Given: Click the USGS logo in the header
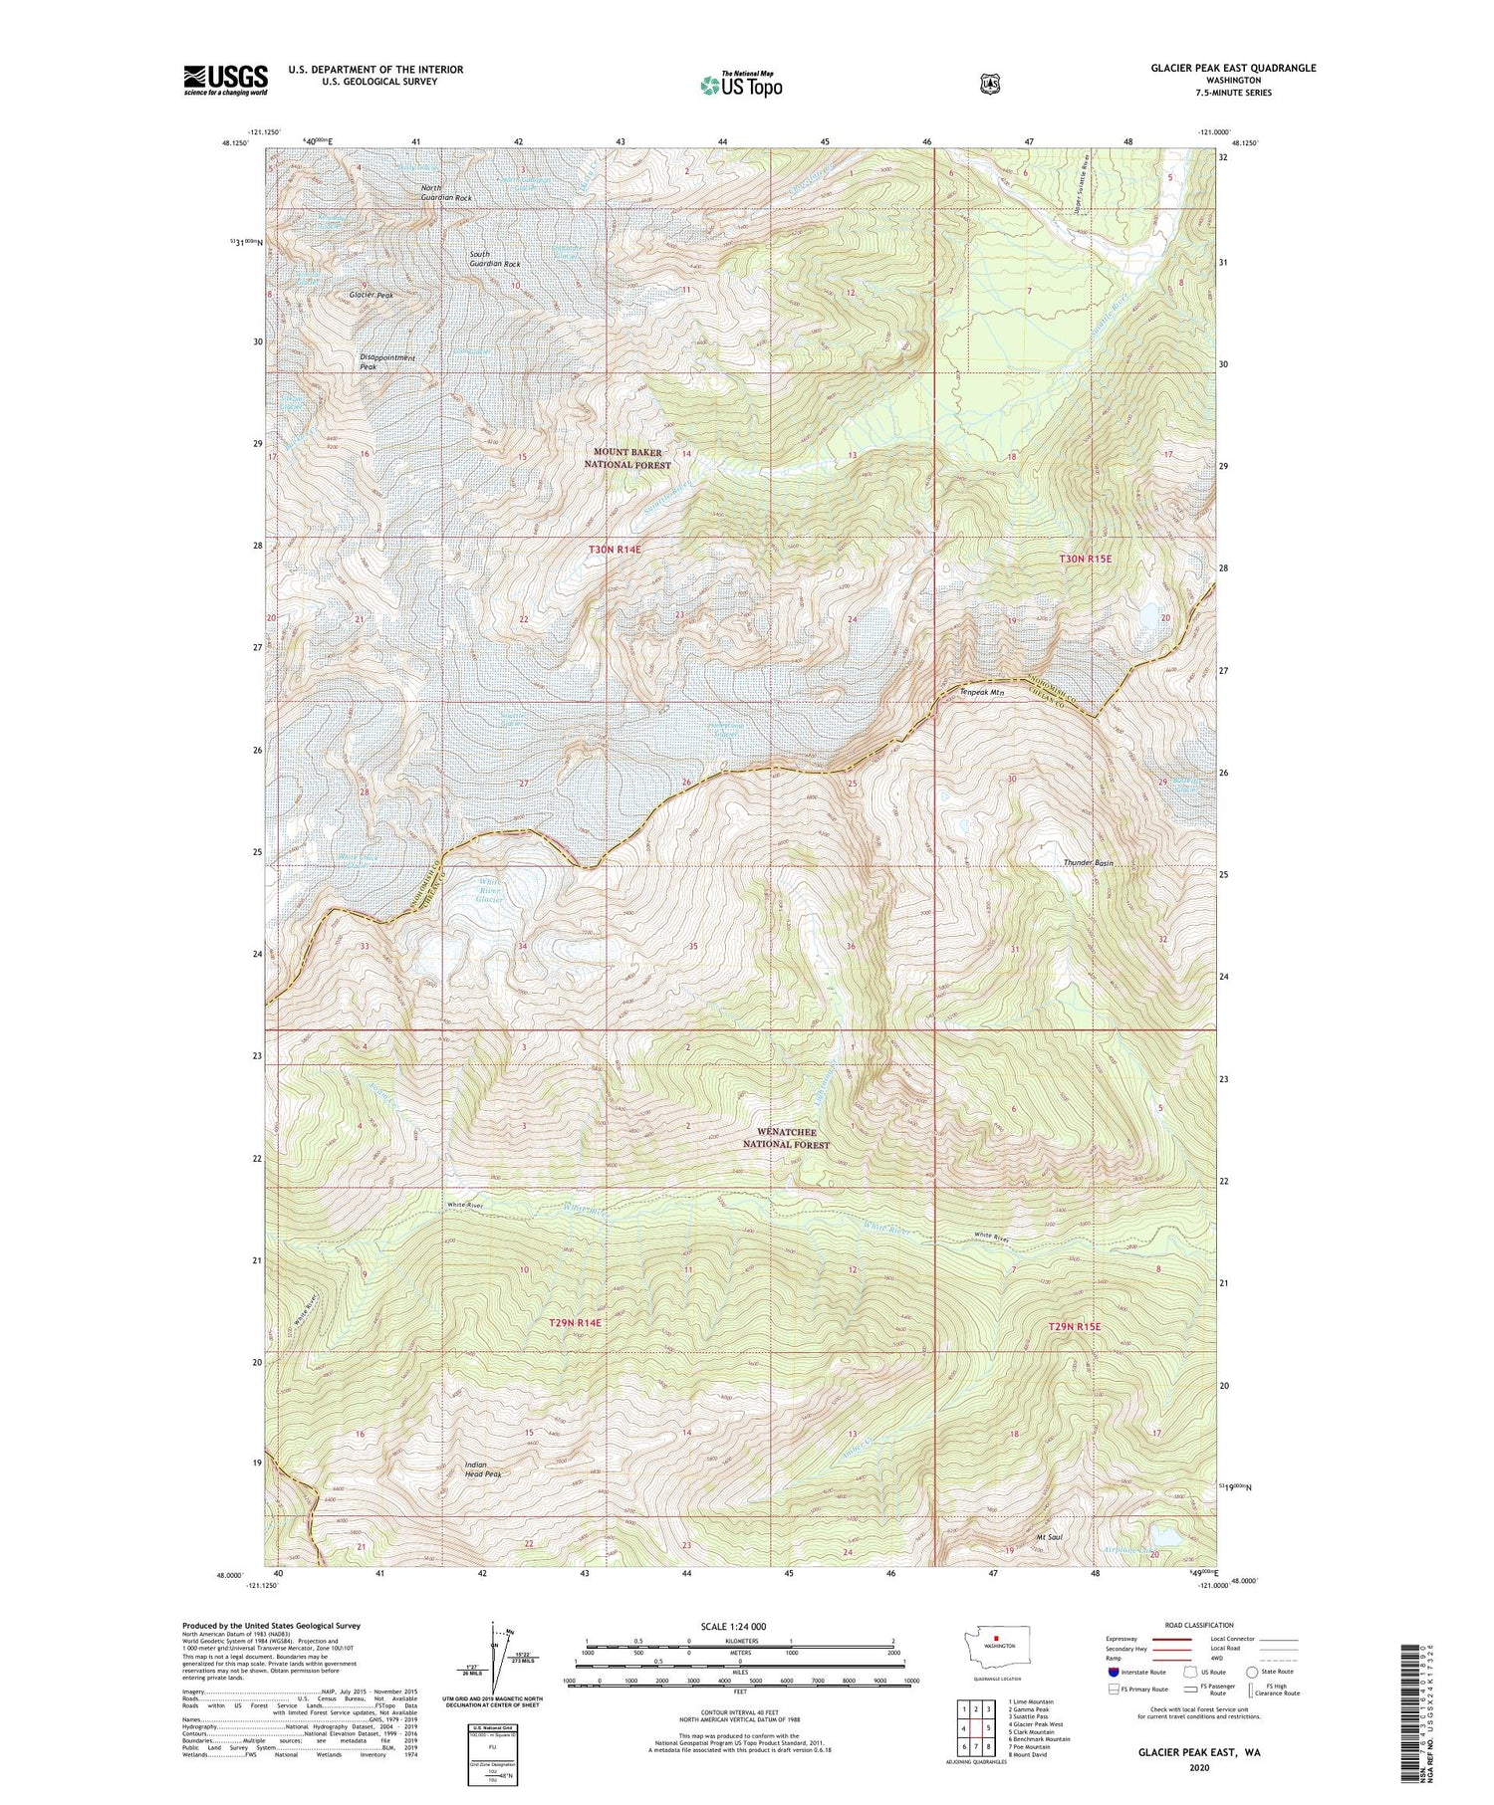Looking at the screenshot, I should pos(225,80).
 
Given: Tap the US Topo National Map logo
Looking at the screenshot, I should pos(741,84).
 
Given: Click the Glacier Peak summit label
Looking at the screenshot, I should pos(371,296).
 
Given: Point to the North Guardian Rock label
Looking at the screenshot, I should pos(445,192).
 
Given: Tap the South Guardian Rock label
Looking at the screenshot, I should pos(494,259).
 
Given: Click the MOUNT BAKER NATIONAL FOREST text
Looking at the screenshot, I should pos(627,458).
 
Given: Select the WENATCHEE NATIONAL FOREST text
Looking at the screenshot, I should pos(786,1138).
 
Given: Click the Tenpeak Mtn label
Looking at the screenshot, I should pos(981,692).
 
